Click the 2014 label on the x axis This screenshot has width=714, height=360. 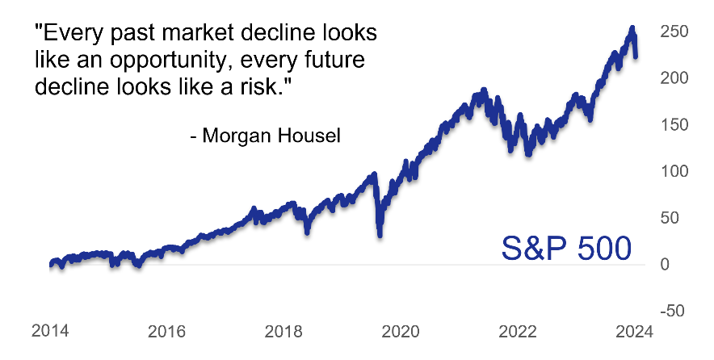(48, 330)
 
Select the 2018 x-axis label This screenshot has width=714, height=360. (283, 330)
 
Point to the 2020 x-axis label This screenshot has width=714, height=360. (401, 330)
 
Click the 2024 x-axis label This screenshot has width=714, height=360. (633, 330)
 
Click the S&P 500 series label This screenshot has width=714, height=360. (565, 248)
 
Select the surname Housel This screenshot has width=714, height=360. (311, 136)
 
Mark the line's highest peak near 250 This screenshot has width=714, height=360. (632, 28)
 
